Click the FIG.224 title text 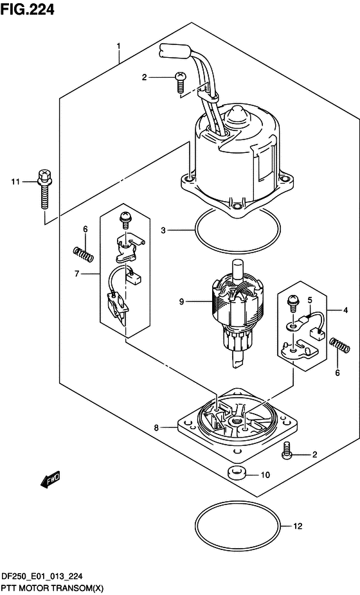28,9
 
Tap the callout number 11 15,182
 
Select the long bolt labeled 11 45,189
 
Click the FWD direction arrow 50,481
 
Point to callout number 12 298,526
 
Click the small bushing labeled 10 236,473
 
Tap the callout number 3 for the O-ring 163,230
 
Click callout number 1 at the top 119,47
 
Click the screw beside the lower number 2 285,451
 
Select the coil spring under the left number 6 83,254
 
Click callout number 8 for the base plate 156,428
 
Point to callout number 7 76,273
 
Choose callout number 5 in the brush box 310,300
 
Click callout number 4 345,310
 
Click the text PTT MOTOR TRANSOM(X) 53,589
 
